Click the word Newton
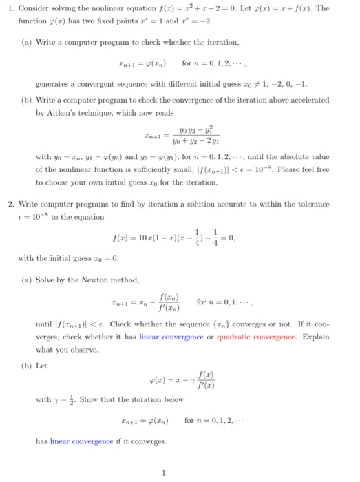95,280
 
